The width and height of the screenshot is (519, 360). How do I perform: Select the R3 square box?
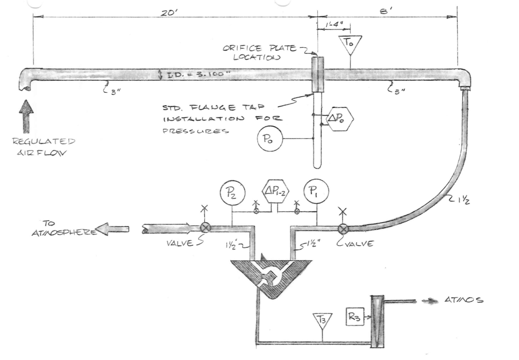click(355, 316)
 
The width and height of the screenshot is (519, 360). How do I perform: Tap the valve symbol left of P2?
click(205, 229)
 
